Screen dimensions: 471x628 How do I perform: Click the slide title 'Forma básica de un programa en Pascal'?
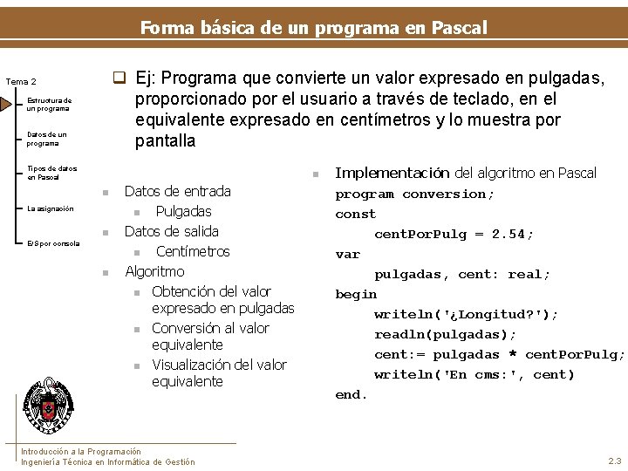pos(314,27)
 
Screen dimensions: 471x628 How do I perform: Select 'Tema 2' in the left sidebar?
pos(21,81)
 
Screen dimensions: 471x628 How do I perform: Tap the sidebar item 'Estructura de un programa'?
pos(48,105)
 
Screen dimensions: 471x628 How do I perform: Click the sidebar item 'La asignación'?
pos(50,208)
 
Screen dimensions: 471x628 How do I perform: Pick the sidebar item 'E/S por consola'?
pos(53,243)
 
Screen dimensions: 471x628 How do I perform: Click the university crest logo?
pos(48,407)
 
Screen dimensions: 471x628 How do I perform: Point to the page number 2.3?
pos(614,461)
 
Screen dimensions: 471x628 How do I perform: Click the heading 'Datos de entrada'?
pos(178,191)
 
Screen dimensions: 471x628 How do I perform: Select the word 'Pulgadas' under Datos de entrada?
pos(183,211)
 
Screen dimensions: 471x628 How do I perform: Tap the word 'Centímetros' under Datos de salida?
pos(193,251)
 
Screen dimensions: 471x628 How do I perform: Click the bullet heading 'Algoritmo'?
pos(154,271)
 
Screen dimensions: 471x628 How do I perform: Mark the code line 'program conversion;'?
pos(415,195)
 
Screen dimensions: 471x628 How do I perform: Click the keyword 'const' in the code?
pos(356,214)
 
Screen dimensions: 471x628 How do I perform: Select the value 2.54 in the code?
pos(512,234)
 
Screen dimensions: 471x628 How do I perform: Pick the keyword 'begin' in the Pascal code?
pos(356,294)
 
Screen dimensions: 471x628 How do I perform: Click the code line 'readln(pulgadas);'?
pos(446,334)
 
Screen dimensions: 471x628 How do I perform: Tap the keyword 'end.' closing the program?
pos(352,394)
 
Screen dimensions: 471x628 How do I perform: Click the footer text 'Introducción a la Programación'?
pos(80,451)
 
